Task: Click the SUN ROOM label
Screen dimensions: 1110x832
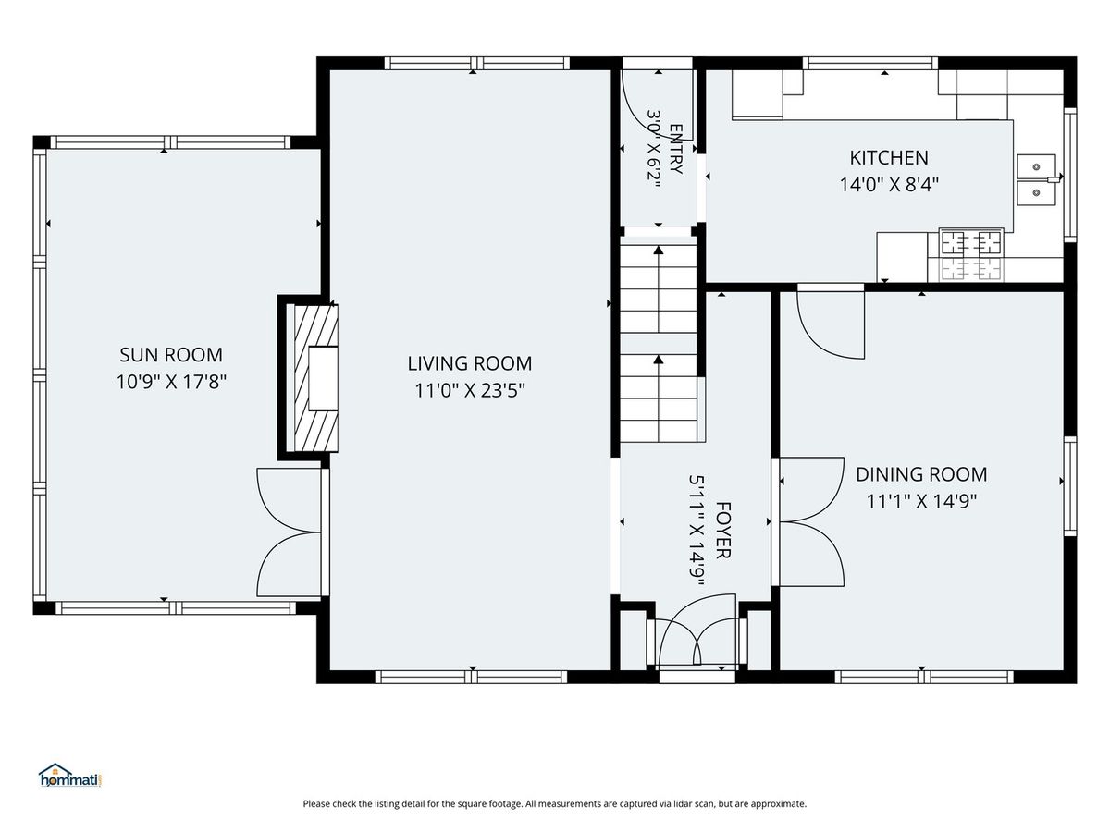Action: click(171, 355)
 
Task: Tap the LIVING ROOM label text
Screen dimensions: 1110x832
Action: click(470, 363)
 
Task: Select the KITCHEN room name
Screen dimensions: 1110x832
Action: click(889, 157)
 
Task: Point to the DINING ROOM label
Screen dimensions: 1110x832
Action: click(921, 474)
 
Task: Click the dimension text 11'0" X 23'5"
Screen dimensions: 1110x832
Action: click(470, 390)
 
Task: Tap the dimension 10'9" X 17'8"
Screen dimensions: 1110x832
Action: click(171, 382)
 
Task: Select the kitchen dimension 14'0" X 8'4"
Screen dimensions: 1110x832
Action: click(889, 185)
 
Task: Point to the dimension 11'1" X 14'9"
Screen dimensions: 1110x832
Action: click(921, 502)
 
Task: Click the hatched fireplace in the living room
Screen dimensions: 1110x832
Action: click(313, 378)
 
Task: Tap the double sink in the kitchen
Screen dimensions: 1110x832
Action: click(1036, 180)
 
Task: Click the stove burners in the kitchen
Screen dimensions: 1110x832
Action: click(971, 255)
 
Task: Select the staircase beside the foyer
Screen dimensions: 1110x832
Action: click(659, 343)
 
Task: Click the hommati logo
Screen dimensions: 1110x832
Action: click(70, 776)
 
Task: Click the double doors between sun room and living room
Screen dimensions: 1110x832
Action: click(290, 532)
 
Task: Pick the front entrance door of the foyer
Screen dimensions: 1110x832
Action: click(697, 634)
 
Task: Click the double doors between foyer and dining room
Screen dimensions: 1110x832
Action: click(809, 521)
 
